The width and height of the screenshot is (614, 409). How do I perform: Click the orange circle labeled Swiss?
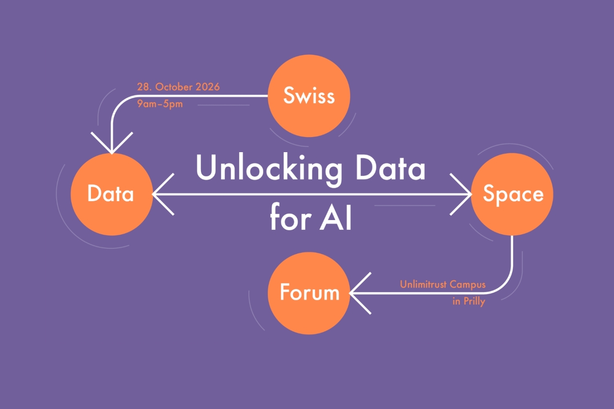tap(309, 96)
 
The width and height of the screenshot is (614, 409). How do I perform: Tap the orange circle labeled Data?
tap(111, 194)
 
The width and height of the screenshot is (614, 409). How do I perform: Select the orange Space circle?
tap(512, 194)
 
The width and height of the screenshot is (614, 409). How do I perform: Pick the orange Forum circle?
tap(309, 293)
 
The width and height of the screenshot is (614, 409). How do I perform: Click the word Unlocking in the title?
tap(269, 168)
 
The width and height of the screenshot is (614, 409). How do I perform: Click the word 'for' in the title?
tap(291, 217)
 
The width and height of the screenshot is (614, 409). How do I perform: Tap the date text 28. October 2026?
tap(178, 87)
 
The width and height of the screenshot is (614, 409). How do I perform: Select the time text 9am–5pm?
tap(160, 104)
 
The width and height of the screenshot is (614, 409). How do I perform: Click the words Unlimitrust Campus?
tap(442, 284)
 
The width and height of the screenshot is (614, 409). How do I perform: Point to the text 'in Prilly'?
tap(469, 301)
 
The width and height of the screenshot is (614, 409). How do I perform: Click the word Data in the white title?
tap(391, 168)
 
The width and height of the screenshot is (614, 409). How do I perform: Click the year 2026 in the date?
tap(208, 87)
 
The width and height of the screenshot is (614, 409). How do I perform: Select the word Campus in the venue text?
tap(467, 284)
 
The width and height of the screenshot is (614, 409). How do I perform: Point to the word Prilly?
tap(474, 301)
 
